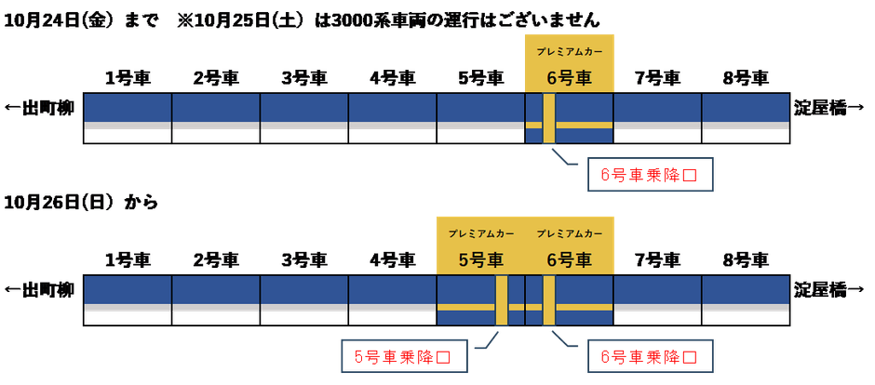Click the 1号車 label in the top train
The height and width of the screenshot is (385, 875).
[x=128, y=78]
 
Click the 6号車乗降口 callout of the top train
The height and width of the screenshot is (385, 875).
[x=650, y=174]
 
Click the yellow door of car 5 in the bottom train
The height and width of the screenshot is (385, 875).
[x=502, y=300]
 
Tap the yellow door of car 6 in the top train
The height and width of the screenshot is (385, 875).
[x=549, y=118]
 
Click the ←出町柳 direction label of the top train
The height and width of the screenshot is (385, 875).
[x=40, y=107]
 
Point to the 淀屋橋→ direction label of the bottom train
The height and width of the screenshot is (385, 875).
[x=831, y=288]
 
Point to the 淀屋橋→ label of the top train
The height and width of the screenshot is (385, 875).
[x=831, y=107]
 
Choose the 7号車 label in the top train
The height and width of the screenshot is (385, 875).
[x=657, y=78]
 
